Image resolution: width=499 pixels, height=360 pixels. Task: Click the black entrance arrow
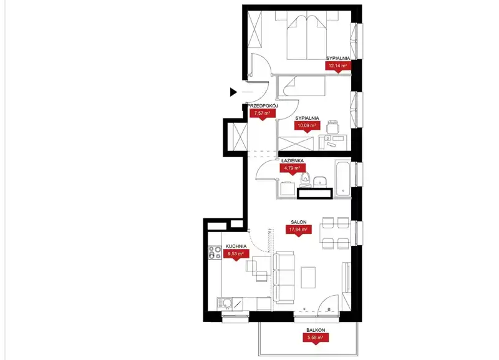[x=233, y=92]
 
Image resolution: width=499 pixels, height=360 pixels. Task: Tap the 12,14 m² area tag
[x=337, y=66]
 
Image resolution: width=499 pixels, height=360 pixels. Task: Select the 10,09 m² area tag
[x=307, y=126]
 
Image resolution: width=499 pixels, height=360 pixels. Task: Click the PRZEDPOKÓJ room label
[x=263, y=105]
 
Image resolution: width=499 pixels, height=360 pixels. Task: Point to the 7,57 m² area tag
[x=262, y=114]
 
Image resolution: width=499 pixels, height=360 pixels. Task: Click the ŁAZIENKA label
[x=292, y=161]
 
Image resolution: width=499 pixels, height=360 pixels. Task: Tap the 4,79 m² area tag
[x=293, y=168]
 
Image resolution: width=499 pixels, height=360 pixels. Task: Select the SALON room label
[x=299, y=222]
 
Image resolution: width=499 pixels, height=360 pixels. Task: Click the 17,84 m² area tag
[x=298, y=229]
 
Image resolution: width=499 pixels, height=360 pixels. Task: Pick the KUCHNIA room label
[x=236, y=246]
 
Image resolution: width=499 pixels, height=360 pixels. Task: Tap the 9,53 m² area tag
[x=236, y=254]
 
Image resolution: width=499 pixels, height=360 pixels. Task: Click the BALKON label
[x=316, y=331]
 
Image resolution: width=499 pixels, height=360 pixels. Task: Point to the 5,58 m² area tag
[x=316, y=338]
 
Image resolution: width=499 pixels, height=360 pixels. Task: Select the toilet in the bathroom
[x=306, y=180]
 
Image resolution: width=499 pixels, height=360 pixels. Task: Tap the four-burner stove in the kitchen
[x=215, y=253]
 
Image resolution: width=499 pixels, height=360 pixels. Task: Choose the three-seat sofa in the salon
[x=284, y=277]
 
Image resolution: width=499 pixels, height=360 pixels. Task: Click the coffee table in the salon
[x=308, y=278]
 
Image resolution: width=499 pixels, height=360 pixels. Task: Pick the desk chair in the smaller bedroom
[x=333, y=127]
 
